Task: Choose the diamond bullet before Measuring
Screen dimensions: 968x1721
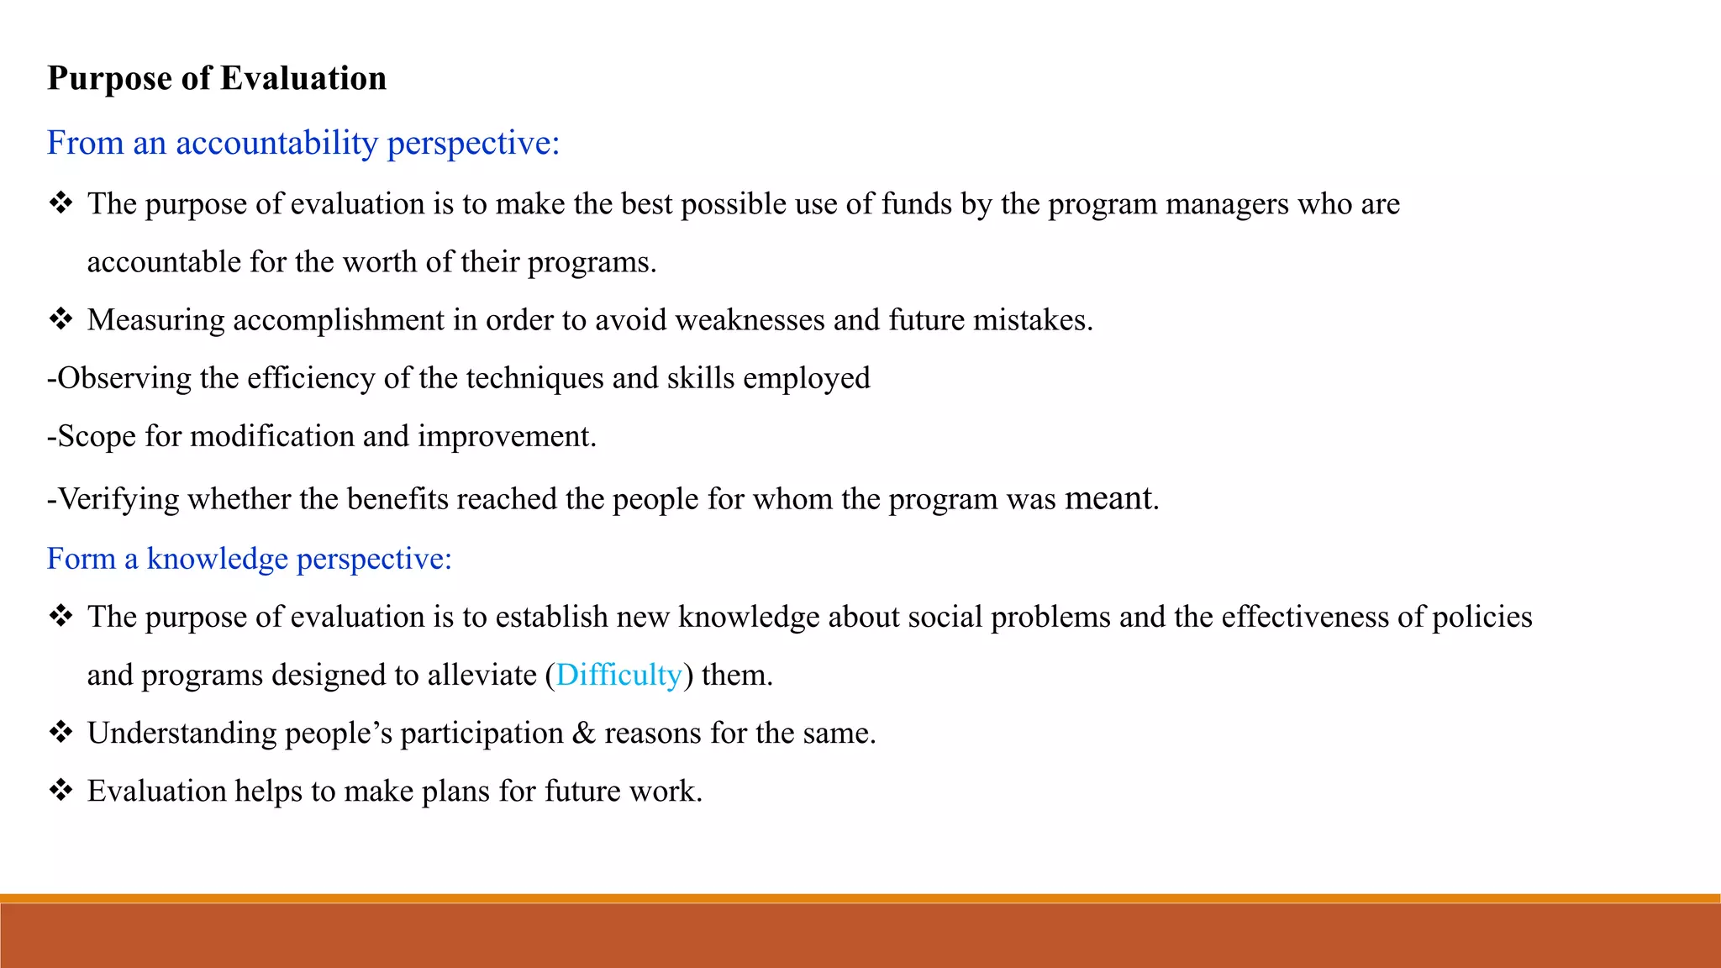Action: pos(61,319)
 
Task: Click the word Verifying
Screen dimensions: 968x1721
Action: pos(118,499)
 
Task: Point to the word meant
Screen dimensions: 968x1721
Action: pos(1108,498)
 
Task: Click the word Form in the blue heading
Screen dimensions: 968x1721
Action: pos(81,559)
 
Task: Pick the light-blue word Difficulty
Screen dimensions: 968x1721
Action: pos(618,675)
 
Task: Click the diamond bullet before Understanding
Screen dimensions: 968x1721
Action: pos(61,733)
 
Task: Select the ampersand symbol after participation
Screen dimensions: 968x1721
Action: pos(583,733)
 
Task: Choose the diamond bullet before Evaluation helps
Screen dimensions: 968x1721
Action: pos(61,791)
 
